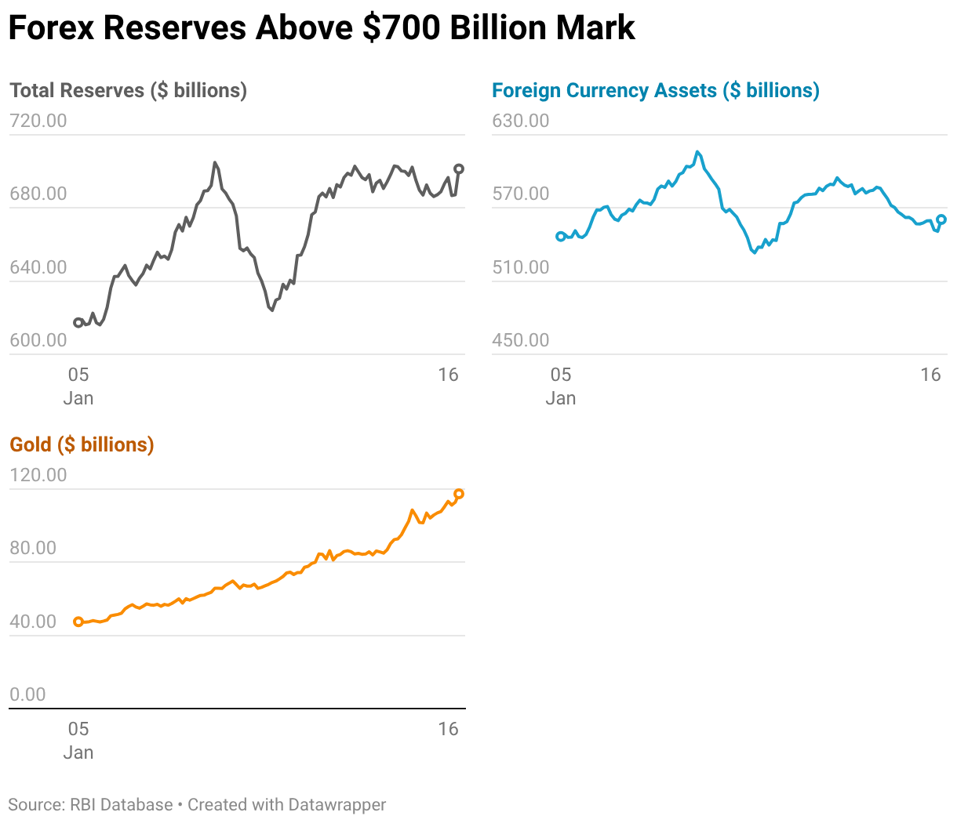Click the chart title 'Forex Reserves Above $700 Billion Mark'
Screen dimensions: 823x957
click(x=321, y=28)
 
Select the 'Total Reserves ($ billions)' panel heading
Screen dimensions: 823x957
click(x=128, y=91)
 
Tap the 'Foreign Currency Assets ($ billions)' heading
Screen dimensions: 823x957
click(x=655, y=91)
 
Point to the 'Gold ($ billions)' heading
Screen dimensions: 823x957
click(x=82, y=445)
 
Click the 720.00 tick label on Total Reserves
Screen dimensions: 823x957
click(x=38, y=121)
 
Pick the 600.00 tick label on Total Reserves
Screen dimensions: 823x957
click(x=38, y=340)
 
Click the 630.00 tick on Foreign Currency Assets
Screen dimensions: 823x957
click(x=521, y=121)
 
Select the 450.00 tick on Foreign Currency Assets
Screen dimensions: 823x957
click(x=521, y=340)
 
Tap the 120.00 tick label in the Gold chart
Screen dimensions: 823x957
click(x=38, y=475)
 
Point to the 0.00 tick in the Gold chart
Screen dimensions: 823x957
click(x=27, y=694)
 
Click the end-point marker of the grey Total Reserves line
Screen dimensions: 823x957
click(x=459, y=169)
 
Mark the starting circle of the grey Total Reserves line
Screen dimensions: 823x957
click(x=78, y=323)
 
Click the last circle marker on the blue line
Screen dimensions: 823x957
click(x=941, y=219)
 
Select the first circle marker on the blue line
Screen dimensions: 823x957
click(x=561, y=236)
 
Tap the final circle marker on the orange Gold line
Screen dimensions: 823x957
click(x=459, y=494)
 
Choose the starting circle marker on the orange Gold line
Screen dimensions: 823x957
click(x=78, y=622)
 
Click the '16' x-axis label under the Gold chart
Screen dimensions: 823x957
click(x=448, y=729)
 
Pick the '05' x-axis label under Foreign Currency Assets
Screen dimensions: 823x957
click(x=561, y=375)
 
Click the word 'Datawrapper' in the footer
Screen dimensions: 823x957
click(x=337, y=805)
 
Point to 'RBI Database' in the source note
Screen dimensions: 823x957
click(x=122, y=805)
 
